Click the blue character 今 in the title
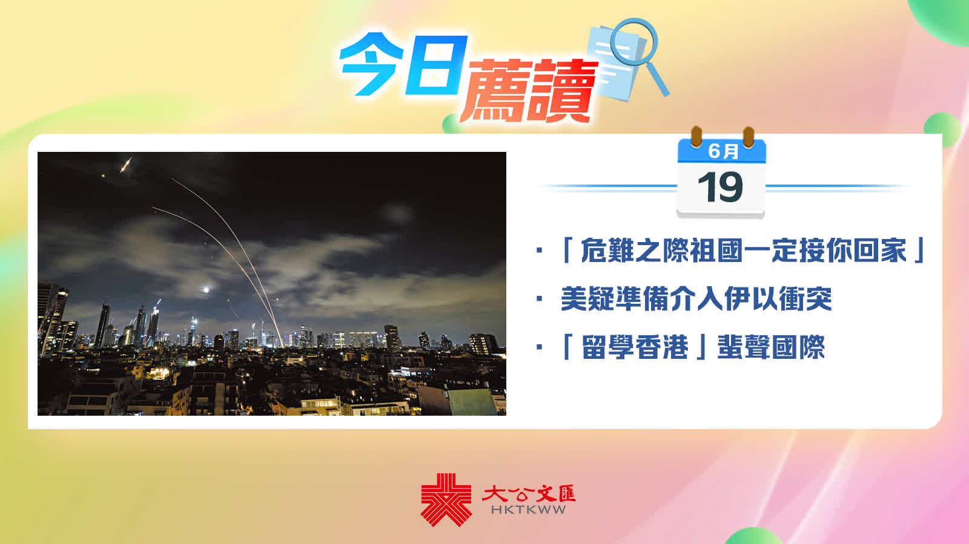(x=372, y=64)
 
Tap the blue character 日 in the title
(x=435, y=65)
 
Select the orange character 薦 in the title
(x=495, y=91)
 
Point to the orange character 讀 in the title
(x=562, y=91)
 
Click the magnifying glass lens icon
(x=634, y=42)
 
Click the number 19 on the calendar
(x=721, y=186)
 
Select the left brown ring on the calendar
(x=696, y=137)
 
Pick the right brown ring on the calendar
(x=749, y=137)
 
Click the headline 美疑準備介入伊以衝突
(x=696, y=298)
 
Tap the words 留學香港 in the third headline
(x=635, y=347)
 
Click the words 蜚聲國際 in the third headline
(x=771, y=347)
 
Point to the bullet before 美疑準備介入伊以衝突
(x=539, y=298)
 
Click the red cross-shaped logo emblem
(x=446, y=499)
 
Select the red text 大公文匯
(x=528, y=494)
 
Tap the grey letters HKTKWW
(x=528, y=510)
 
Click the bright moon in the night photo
(x=207, y=289)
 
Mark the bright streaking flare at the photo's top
(x=126, y=165)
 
